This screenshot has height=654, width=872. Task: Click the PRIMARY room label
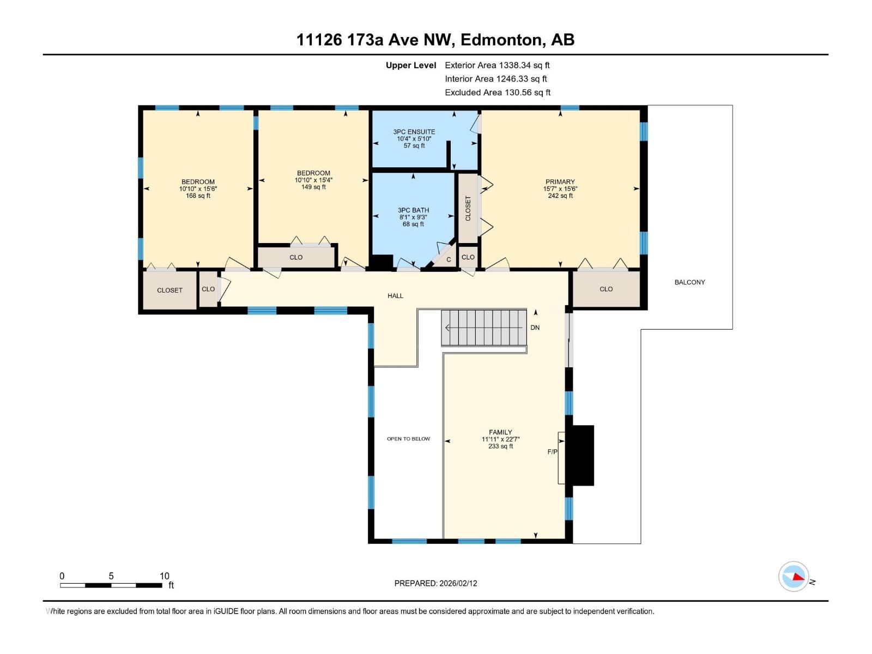tap(560, 182)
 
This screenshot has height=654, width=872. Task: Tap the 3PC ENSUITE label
tap(414, 132)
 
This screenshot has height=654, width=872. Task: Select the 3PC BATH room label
tap(413, 210)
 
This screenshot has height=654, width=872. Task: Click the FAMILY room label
tap(500, 432)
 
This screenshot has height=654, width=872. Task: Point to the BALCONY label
tap(689, 282)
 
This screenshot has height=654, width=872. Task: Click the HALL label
tap(395, 296)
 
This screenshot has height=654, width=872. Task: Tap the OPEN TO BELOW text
tap(408, 439)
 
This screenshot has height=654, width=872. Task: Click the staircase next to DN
tap(484, 328)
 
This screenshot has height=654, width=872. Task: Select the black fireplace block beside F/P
tap(581, 456)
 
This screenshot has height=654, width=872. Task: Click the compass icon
tap(794, 576)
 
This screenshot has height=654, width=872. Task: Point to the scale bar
tap(111, 585)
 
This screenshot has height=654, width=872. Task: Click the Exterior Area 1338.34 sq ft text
tap(497, 65)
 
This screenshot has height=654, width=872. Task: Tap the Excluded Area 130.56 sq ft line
tap(498, 93)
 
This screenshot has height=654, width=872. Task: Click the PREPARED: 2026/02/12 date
tap(435, 583)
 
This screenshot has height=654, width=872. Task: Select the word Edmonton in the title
tap(502, 40)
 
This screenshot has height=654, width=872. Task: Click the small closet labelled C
tap(448, 259)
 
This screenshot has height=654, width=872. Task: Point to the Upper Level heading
tap(411, 65)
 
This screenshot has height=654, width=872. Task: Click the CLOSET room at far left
tap(169, 290)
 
